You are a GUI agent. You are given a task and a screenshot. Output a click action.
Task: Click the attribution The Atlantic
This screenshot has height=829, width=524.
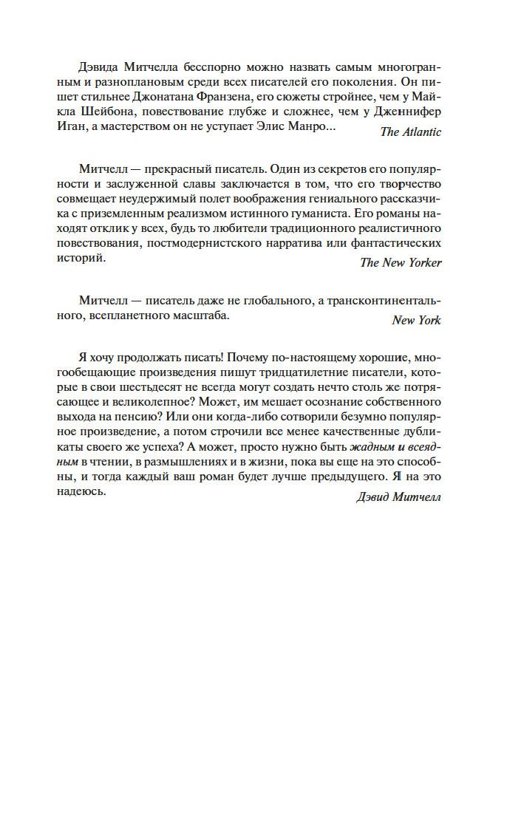(x=410, y=132)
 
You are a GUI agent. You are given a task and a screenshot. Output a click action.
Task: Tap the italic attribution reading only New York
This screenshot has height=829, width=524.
(x=416, y=320)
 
